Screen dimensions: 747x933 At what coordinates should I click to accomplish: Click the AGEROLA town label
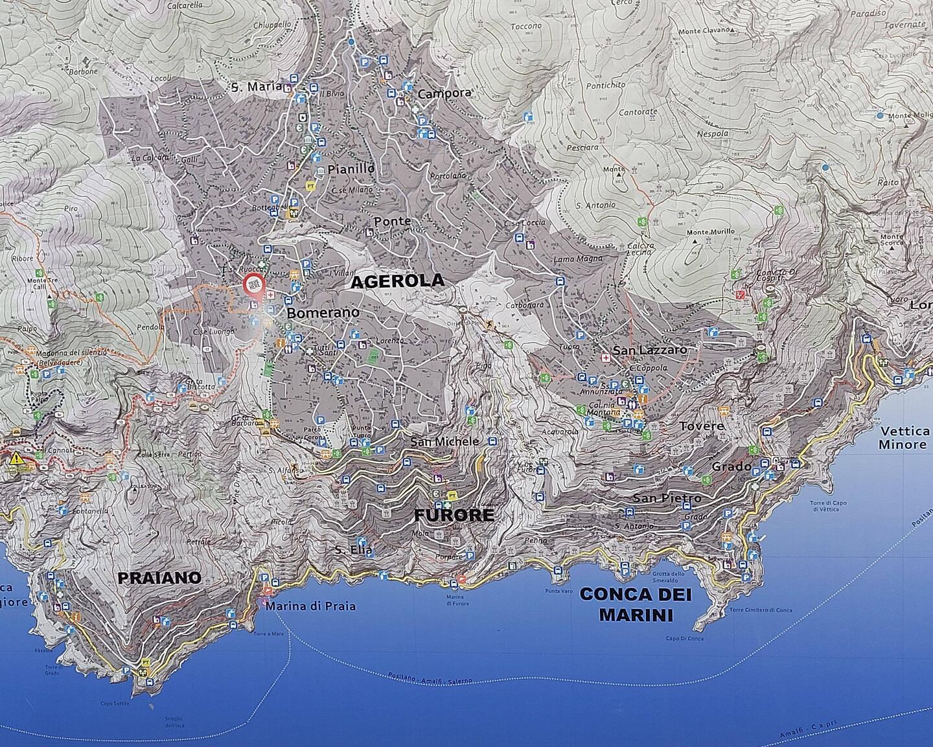[x=397, y=281]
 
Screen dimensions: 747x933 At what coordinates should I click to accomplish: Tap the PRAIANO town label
[x=159, y=578]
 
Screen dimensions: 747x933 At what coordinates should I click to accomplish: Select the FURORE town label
[x=454, y=516]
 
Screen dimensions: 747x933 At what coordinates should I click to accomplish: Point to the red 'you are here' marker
[x=253, y=285]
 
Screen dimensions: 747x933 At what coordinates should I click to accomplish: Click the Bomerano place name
[x=323, y=312]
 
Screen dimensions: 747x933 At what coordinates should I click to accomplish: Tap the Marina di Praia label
[x=310, y=606]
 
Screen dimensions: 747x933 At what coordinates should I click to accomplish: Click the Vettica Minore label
[x=903, y=438]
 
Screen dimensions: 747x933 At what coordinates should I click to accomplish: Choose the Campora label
[x=444, y=93]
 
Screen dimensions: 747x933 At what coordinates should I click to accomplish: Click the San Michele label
[x=445, y=441]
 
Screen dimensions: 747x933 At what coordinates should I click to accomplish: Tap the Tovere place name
[x=702, y=426]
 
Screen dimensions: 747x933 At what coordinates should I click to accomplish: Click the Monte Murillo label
[x=711, y=231]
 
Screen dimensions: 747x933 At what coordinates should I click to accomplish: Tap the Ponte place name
[x=392, y=221]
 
